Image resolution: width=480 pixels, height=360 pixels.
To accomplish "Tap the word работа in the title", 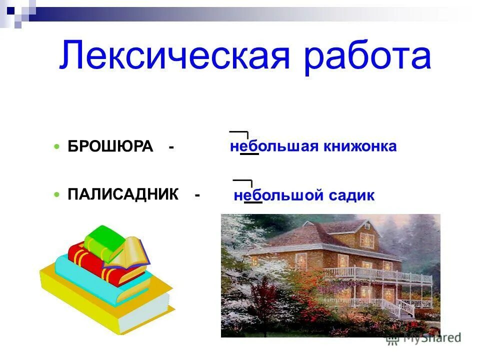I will coord(367,57).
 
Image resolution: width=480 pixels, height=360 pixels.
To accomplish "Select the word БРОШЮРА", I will coord(110,146).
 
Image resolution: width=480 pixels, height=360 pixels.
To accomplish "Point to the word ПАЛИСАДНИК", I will coord(123,194).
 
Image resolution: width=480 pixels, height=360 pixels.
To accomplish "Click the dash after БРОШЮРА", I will coord(171,147).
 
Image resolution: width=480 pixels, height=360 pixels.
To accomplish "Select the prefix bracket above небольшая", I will coord(239,133).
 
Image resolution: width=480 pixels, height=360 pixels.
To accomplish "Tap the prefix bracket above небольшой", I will coord(243,181).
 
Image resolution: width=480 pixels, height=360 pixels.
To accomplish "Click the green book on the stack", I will coord(104,238).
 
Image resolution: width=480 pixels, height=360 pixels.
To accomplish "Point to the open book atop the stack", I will coord(131,252).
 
